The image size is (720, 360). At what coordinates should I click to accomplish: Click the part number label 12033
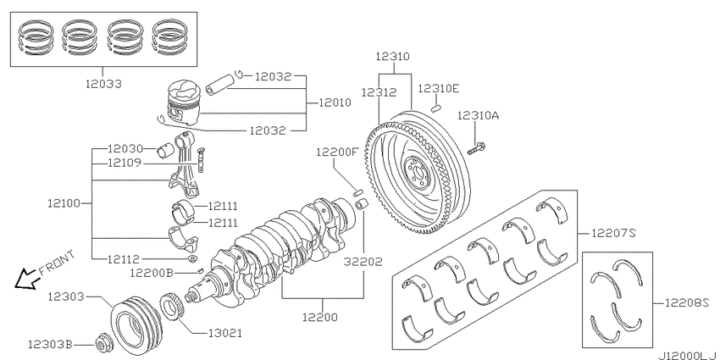point(102,85)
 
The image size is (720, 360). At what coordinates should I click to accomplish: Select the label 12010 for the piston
point(335,102)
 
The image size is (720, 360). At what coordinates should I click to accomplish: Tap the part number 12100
point(64,204)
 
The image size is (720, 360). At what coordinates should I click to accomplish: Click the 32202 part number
point(366,263)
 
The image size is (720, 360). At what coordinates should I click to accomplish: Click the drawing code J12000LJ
point(687,352)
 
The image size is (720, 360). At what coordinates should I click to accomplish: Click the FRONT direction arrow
point(27,277)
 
